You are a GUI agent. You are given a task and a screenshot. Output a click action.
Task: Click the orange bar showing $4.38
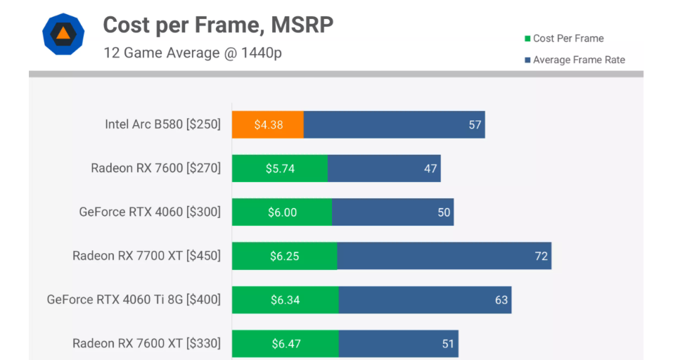click(x=268, y=125)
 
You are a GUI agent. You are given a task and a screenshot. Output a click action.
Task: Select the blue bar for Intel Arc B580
click(x=394, y=125)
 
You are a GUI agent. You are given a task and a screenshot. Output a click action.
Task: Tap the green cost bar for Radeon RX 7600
click(x=280, y=169)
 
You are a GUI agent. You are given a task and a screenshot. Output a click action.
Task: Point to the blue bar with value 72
click(x=443, y=256)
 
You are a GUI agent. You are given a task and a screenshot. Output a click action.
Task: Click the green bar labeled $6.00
click(x=282, y=212)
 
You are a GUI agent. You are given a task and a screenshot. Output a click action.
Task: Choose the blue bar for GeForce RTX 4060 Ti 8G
click(x=425, y=300)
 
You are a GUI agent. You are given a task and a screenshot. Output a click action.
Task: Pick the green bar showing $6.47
click(x=286, y=344)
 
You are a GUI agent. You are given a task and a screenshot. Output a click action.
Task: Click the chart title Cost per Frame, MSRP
click(x=218, y=25)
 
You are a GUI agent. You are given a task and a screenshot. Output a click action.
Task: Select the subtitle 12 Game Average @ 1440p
click(x=193, y=53)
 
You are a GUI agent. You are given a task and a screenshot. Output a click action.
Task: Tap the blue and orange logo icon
click(x=63, y=34)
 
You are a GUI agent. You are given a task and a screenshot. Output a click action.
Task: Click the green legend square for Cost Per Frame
click(x=527, y=39)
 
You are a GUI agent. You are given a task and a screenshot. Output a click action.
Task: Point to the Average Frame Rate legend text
click(x=579, y=60)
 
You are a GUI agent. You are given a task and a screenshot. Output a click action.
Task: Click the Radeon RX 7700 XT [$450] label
click(x=146, y=256)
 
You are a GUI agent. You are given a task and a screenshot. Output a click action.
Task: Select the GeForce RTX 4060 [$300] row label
click(x=150, y=212)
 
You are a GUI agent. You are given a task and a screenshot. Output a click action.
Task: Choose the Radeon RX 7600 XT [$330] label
click(x=146, y=344)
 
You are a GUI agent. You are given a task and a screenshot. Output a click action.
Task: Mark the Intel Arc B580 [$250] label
click(x=162, y=125)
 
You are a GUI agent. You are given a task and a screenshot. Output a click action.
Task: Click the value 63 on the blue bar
click(x=501, y=300)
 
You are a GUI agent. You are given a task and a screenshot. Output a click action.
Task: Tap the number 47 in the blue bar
click(x=430, y=169)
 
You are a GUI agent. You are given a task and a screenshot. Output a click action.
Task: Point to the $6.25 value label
click(x=285, y=256)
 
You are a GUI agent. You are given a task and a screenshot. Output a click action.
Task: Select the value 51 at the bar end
click(x=448, y=344)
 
